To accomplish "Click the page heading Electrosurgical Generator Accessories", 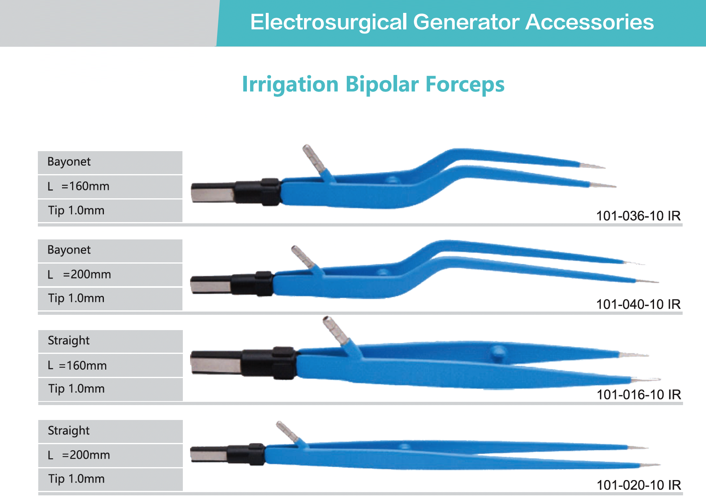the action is [452, 22].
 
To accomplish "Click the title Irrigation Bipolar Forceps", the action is [373, 84].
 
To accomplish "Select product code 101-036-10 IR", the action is [638, 216].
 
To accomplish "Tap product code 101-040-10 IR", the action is [638, 304].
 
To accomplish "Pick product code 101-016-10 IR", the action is [639, 394].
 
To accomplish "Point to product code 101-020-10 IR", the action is [639, 484].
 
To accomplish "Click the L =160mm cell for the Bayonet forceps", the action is [110, 187].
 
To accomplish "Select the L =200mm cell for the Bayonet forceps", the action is [110, 274].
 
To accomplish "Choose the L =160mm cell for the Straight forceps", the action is [110, 365].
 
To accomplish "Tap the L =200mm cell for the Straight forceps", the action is [110, 455].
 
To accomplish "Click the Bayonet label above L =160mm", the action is [69, 162].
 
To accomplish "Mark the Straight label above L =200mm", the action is [69, 431].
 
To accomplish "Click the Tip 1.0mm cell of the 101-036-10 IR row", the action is [110, 210].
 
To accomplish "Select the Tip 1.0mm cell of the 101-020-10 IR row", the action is [110, 479].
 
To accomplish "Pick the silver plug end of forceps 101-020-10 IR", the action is [209, 454].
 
